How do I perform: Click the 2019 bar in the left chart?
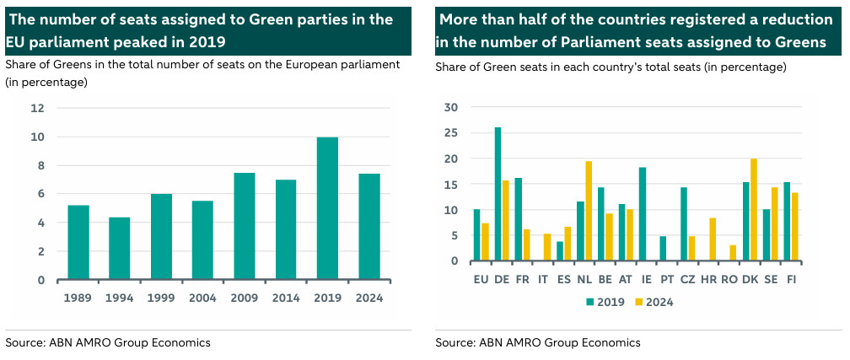[327, 208]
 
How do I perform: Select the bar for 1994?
[120, 249]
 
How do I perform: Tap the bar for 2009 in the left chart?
[245, 226]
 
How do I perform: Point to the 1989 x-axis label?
[78, 298]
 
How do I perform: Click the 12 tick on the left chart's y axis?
[38, 108]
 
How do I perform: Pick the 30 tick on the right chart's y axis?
[450, 107]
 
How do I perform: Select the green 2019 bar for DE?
[498, 194]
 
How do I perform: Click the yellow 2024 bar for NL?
[589, 211]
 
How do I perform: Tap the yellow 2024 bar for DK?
[753, 210]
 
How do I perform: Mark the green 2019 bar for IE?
[643, 214]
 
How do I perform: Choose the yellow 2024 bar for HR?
[713, 239]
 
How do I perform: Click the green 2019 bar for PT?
[663, 249]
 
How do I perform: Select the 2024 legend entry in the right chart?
[659, 302]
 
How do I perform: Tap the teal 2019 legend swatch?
[589, 302]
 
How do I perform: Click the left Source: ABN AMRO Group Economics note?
[108, 342]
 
